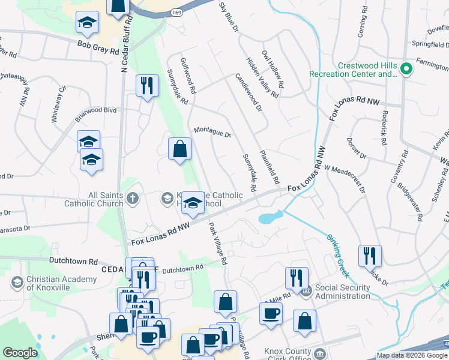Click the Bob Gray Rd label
click(x=98, y=47)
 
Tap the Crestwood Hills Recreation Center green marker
click(x=406, y=69)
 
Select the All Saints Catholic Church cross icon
click(x=132, y=197)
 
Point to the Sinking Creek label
click(x=338, y=254)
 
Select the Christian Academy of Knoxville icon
click(x=17, y=282)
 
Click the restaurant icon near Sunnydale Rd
click(x=147, y=85)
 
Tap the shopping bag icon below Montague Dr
click(x=180, y=149)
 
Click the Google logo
click(x=20, y=352)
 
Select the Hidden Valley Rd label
click(x=262, y=77)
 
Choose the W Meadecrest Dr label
click(x=345, y=179)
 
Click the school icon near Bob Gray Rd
click(x=87, y=23)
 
